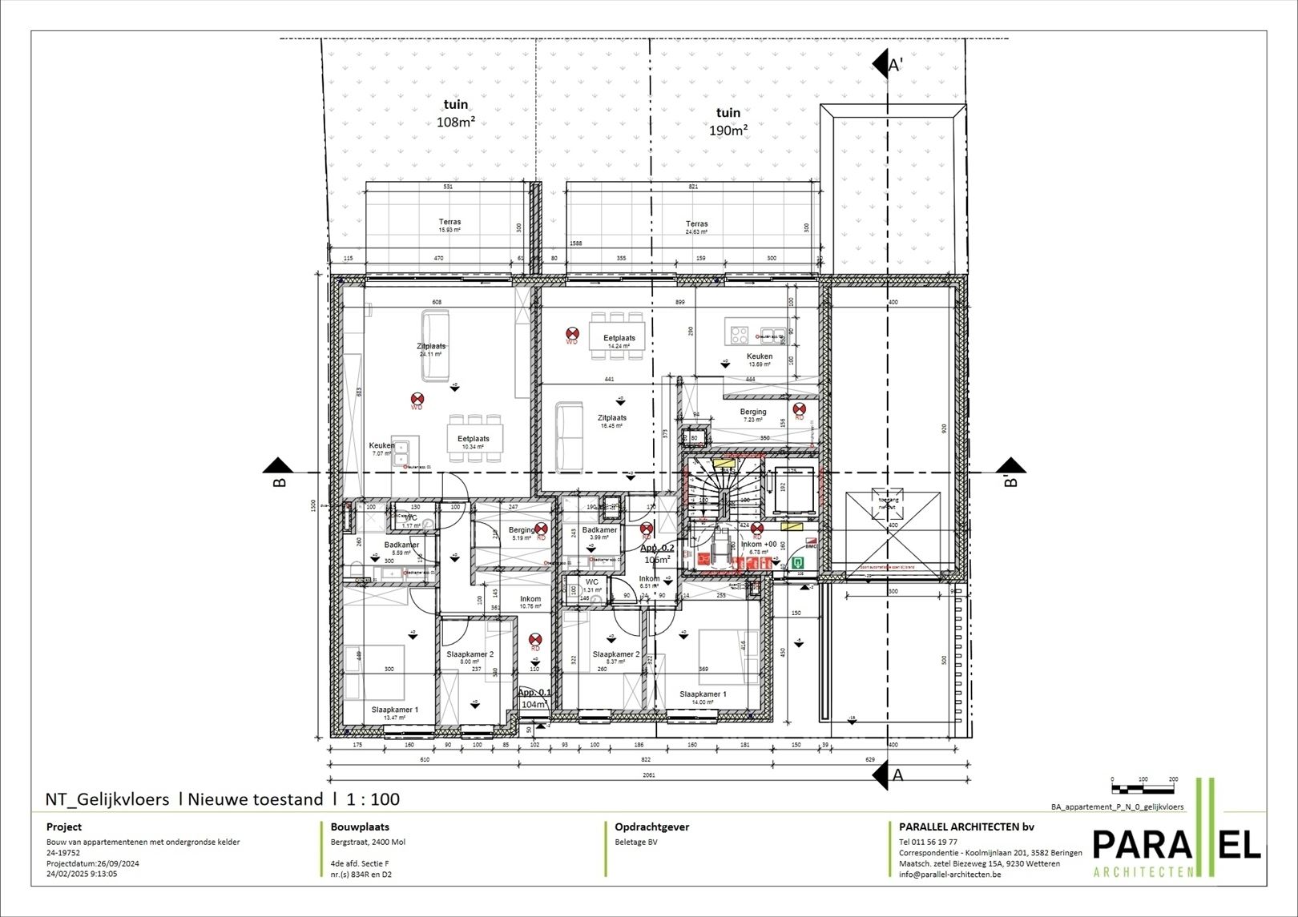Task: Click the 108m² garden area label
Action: pos(456,114)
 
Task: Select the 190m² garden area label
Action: pos(728,122)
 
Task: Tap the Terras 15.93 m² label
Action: pos(449,226)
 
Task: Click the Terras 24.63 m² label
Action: pos(696,227)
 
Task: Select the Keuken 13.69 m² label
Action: pos(760,360)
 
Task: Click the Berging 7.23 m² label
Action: pos(753,415)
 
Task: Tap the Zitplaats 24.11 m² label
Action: pos(431,349)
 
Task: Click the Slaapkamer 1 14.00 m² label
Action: pos(703,698)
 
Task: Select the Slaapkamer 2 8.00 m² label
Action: pos(470,658)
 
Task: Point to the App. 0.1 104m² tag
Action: pos(534,698)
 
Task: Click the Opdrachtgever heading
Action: pos(651,827)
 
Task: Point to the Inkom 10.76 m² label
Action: pos(530,602)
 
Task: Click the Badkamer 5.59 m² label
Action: pos(396,549)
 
